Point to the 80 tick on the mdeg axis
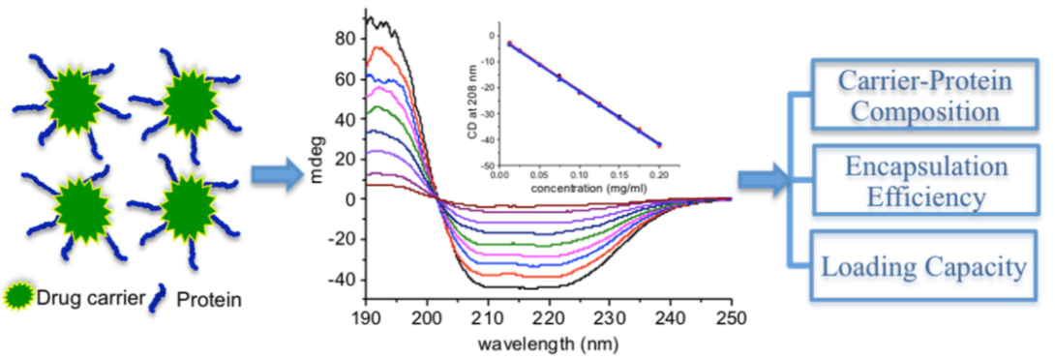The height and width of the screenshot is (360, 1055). [x=344, y=39]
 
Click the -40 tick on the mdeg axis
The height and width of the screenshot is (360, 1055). [x=341, y=281]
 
